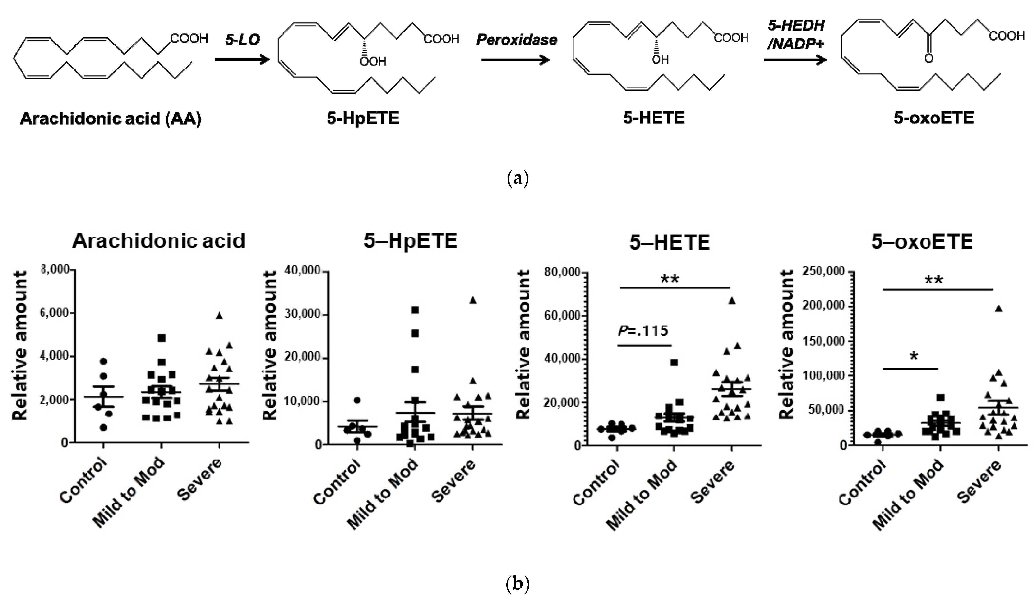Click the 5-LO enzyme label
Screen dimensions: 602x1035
click(242, 40)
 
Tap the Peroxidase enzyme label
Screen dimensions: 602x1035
click(517, 40)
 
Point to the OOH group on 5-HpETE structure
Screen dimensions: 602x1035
click(373, 62)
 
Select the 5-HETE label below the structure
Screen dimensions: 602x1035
click(654, 118)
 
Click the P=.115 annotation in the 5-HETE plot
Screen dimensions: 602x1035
click(643, 331)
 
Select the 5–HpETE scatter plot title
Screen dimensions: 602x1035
click(410, 241)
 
